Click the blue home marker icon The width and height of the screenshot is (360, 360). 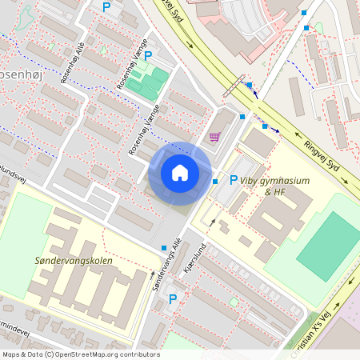[180, 173]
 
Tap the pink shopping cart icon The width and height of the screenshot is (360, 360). [214, 137]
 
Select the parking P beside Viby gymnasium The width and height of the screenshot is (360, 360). [234, 180]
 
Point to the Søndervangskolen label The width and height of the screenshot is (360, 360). [74, 261]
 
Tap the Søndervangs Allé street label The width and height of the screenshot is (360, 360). [164, 265]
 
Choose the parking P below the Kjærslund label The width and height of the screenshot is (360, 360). [172, 298]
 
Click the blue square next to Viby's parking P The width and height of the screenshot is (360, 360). [215, 182]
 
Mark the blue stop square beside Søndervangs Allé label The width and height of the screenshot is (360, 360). [164, 247]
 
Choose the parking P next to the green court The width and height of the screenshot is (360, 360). [147, 55]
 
